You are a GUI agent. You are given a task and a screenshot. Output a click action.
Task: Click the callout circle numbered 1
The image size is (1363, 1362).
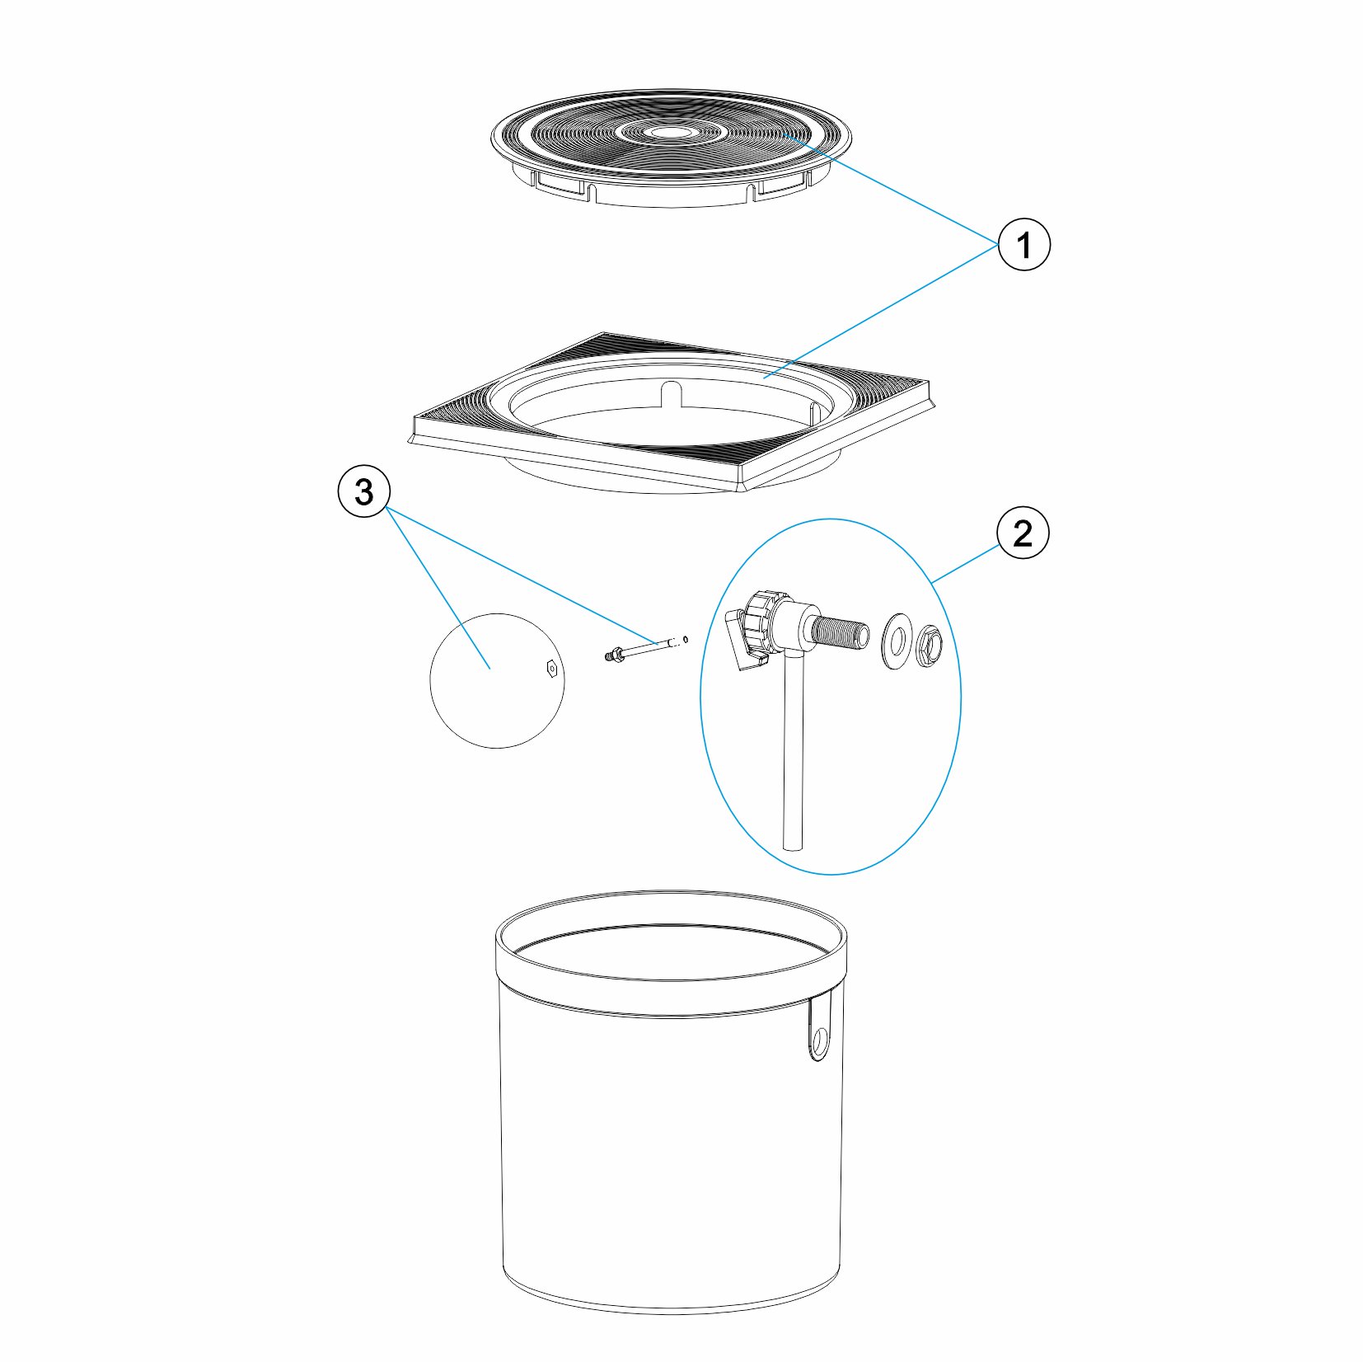(1023, 244)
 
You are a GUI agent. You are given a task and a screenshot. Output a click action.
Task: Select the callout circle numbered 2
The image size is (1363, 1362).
(1023, 533)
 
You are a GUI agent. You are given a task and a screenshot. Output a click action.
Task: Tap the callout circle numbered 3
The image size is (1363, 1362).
(363, 492)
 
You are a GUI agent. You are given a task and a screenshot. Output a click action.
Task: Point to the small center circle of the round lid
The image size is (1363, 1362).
(667, 131)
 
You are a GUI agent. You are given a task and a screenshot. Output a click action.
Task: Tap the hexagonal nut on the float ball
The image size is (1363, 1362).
(551, 668)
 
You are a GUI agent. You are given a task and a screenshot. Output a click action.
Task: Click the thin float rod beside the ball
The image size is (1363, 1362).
(647, 648)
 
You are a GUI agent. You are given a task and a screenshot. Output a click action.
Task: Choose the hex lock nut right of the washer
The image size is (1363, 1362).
(927, 644)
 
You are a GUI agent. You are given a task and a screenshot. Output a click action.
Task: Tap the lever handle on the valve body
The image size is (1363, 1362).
(742, 641)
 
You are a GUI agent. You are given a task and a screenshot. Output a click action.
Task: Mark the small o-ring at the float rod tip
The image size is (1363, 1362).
(686, 638)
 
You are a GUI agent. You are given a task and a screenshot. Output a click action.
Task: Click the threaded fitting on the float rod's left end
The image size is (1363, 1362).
(611, 655)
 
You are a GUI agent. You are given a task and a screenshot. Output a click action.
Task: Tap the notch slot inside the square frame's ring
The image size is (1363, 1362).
(672, 393)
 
